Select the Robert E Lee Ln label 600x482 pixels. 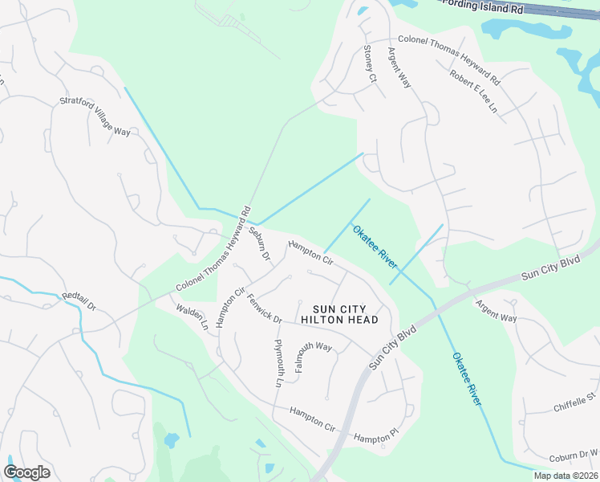474,92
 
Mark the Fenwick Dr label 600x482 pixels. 265,308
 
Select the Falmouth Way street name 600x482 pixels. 314,355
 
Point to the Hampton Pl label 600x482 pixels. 376,438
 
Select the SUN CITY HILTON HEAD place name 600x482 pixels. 339,314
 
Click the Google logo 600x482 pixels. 26,472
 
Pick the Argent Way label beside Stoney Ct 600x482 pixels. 399,67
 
